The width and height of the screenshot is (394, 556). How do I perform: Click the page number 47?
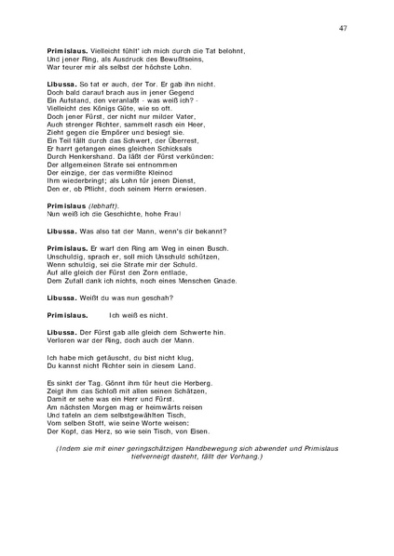point(344,29)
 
